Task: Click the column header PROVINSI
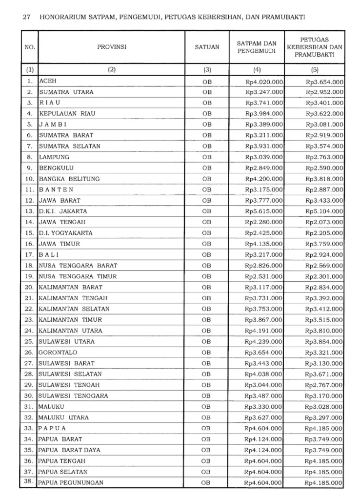[112, 47]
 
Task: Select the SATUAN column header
[207, 47]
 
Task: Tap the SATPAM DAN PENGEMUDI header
[257, 47]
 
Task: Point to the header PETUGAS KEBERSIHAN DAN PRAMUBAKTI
[315, 47]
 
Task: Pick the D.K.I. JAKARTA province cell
[63, 211]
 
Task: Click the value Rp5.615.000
[264, 211]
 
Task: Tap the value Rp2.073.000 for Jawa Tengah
[324, 222]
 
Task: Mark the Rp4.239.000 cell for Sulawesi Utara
[264, 341]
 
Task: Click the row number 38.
[29, 482]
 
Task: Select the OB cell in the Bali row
[207, 255]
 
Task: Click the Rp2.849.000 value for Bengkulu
[264, 168]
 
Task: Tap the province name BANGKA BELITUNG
[69, 179]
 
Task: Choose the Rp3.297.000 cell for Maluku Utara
[324, 417]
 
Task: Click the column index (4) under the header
[257, 69]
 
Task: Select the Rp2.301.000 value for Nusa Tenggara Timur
[324, 276]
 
